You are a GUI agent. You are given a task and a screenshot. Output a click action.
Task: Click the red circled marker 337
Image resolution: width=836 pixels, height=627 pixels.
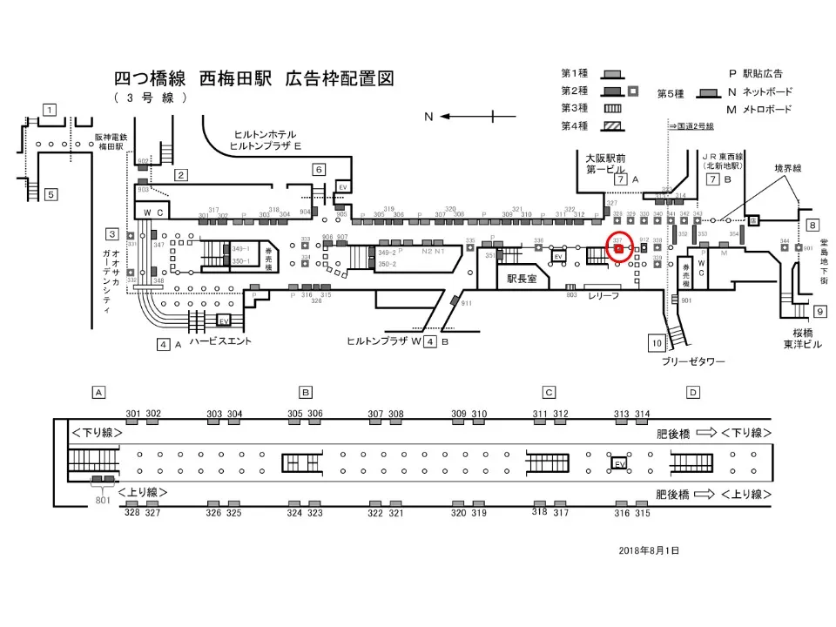618,248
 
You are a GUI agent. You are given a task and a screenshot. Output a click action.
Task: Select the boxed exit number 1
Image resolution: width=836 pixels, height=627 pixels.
50,110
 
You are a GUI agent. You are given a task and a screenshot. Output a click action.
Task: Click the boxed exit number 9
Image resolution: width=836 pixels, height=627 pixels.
819,311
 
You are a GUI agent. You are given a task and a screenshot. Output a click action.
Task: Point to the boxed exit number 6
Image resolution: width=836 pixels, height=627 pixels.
320,169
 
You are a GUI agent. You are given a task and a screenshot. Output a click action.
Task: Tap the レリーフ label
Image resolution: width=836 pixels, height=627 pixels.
603,296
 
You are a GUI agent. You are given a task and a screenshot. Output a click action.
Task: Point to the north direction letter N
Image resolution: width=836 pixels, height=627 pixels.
428,116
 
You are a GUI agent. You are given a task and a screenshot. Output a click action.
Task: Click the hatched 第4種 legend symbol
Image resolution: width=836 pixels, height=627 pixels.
613,126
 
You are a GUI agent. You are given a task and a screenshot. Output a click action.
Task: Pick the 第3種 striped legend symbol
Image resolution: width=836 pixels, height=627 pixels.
613,108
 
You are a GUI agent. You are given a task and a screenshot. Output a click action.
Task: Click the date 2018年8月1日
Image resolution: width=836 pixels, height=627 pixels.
649,550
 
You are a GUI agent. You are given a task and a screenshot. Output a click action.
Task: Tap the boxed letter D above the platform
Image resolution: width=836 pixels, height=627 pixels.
692,392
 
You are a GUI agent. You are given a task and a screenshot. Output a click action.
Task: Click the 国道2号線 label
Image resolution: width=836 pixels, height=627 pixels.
693,126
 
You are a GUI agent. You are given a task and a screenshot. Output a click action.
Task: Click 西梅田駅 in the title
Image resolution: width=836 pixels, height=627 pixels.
239,79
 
